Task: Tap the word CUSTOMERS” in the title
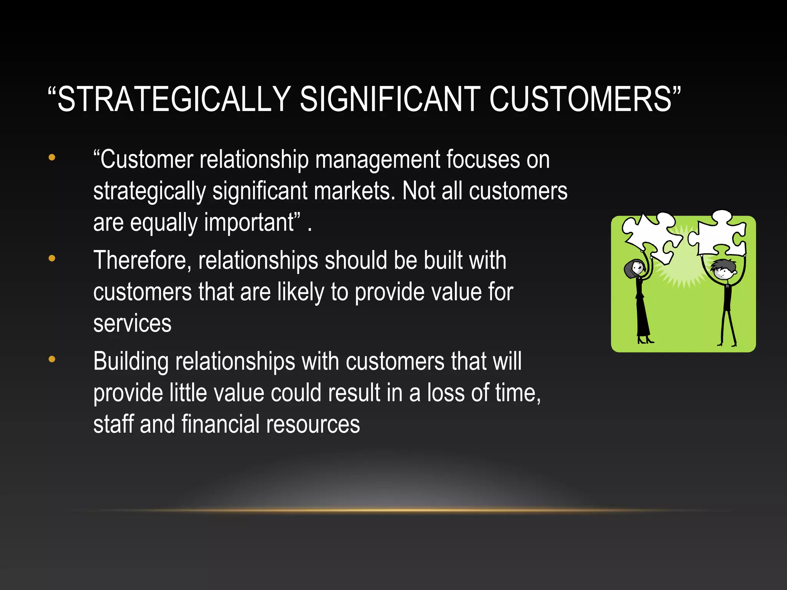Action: point(584,99)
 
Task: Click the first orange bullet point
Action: point(52,157)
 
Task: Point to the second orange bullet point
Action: point(52,259)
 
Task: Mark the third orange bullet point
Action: point(52,360)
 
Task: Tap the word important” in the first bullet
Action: point(252,223)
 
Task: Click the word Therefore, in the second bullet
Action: point(142,261)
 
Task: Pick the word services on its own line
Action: point(132,324)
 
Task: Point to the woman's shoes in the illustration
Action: point(645,340)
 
